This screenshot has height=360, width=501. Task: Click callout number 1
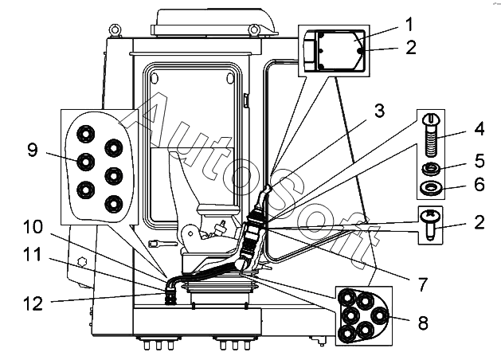coord(409,25)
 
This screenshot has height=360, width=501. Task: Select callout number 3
coord(379,111)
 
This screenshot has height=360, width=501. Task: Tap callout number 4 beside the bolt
coord(479,129)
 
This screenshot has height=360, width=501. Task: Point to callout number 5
coord(479,161)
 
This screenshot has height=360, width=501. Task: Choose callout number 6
coord(479,184)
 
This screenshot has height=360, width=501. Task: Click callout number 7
coord(423,284)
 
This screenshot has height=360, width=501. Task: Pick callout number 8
coord(423,323)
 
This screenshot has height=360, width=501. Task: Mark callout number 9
coord(33,150)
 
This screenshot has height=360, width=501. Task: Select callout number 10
coord(33,227)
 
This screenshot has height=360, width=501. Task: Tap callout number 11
coord(33,255)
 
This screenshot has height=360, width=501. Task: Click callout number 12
coord(33,303)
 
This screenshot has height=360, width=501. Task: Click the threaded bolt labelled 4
coord(432,135)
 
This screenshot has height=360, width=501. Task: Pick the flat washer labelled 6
coord(432,188)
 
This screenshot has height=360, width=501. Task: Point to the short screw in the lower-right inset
coord(431,225)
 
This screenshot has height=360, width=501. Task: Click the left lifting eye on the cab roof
coord(115,30)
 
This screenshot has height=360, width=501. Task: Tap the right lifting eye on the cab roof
coord(254,30)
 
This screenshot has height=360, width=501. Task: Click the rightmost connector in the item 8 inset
coord(379,316)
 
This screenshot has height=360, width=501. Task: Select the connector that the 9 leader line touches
coord(86,162)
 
